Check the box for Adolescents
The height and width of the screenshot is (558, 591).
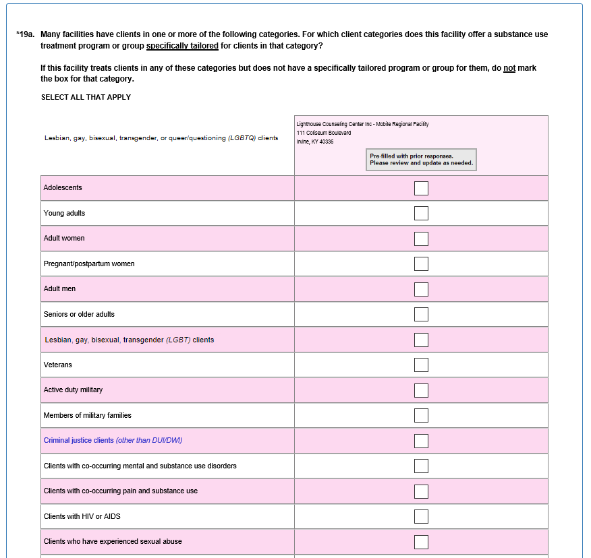tap(421, 188)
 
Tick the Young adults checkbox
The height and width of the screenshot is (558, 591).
tap(421, 213)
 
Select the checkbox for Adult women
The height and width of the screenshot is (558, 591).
tap(421, 239)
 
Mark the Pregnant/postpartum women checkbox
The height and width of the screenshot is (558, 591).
tap(421, 263)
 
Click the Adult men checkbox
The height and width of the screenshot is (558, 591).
tap(421, 289)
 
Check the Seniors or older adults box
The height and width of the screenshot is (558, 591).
tap(421, 314)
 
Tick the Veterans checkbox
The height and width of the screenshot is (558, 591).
tap(421, 365)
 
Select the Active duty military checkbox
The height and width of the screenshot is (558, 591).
tap(421, 390)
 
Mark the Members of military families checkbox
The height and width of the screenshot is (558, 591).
tap(421, 415)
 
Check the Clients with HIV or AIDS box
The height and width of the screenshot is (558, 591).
tap(421, 516)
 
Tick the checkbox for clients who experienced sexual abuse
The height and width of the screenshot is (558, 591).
tap(421, 542)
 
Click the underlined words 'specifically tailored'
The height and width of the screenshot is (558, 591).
tap(182, 46)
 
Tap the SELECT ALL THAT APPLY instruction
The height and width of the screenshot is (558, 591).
tap(86, 97)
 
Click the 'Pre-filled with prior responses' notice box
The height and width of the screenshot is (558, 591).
tap(421, 159)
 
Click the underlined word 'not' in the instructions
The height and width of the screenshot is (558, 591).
tap(509, 68)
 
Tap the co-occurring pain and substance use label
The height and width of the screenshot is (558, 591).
tap(120, 491)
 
